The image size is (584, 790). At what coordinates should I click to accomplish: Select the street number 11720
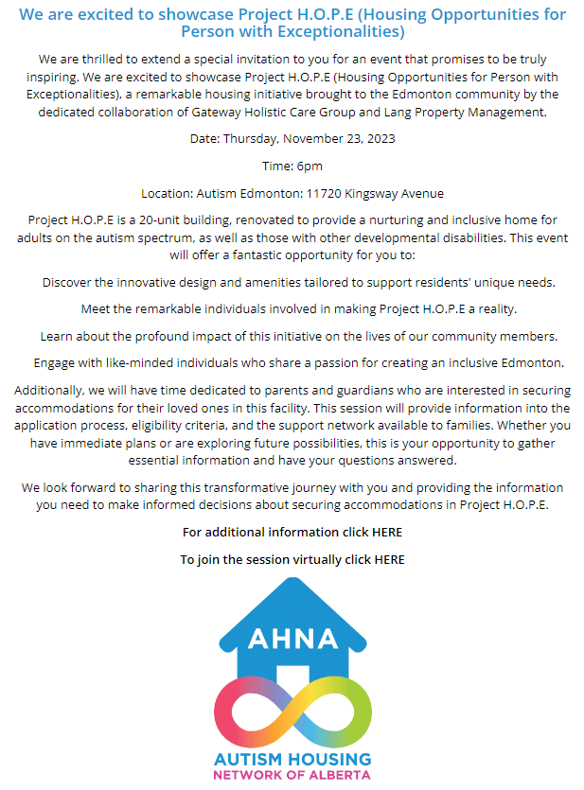[327, 193]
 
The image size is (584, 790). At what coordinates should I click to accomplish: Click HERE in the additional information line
[387, 533]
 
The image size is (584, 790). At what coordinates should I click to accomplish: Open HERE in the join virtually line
[389, 559]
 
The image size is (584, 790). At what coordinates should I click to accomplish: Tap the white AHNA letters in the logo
[292, 640]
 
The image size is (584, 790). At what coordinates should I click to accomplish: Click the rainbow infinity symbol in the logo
[292, 711]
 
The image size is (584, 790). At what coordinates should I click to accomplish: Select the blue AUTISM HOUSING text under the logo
[292, 759]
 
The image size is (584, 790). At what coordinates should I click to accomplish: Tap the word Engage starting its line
[55, 363]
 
